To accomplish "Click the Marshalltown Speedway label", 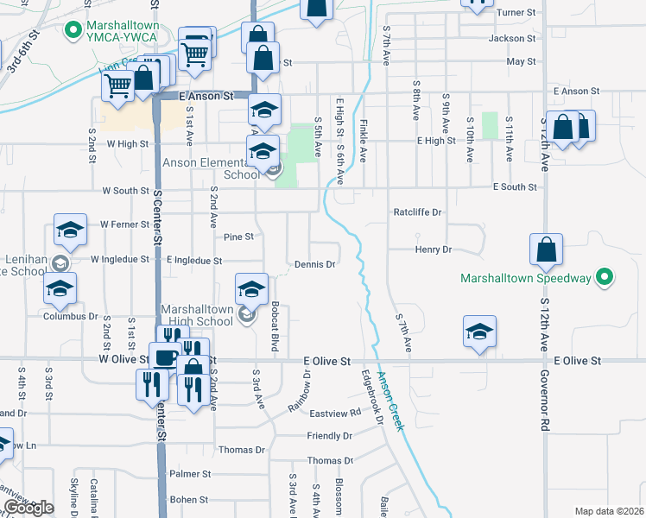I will coord(525,279).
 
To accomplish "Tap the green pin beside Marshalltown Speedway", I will coord(605,277).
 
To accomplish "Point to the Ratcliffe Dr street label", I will coord(417,212).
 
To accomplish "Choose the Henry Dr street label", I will coord(434,250).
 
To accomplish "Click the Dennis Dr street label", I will coord(314,265).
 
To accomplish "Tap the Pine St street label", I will coord(237,236).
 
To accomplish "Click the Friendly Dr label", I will coord(330,436).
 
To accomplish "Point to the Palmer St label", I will coord(190,474).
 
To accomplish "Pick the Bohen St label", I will coord(189,499).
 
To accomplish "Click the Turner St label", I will coord(516,13).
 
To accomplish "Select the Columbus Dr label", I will coord(71,316).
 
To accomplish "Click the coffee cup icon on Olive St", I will coord(164,356).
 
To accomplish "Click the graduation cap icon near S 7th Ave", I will coord(479,332).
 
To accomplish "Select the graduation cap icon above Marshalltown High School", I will coord(251,288).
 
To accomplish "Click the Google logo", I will coord(28,508).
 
